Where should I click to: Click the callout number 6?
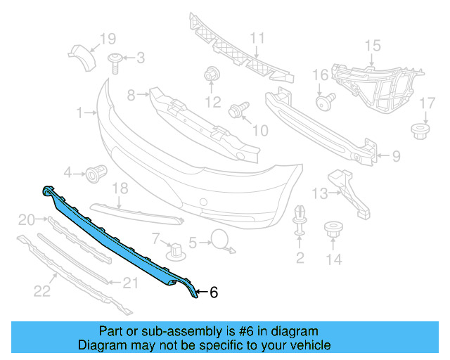click(x=214, y=292)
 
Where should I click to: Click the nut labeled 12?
click(x=211, y=75)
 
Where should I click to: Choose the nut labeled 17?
click(x=420, y=130)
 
